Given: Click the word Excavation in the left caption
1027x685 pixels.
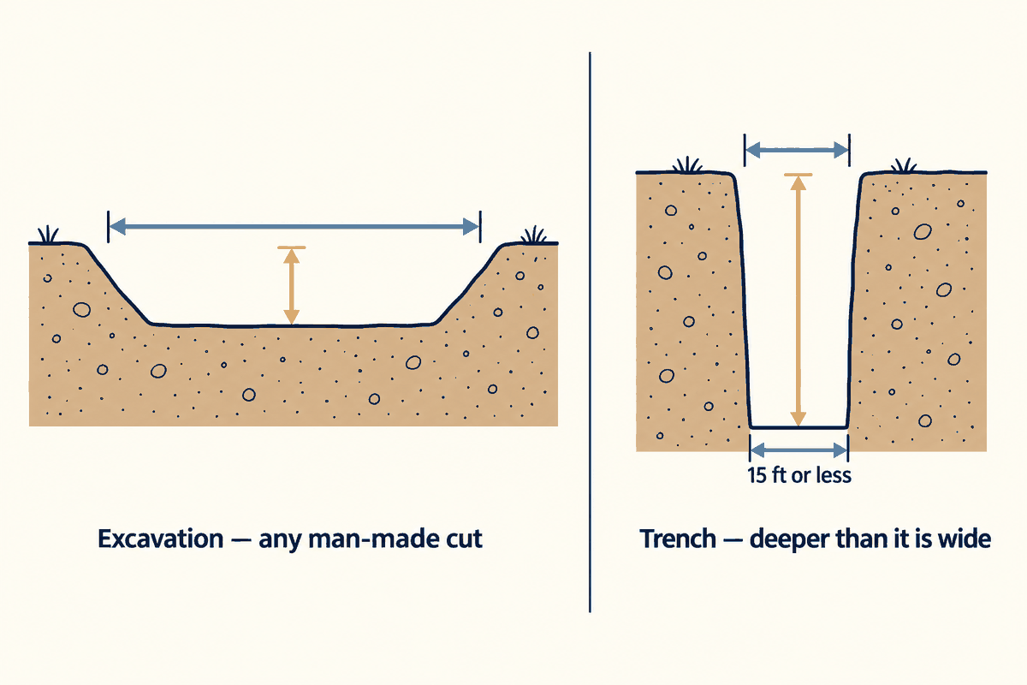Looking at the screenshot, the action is click(x=161, y=539).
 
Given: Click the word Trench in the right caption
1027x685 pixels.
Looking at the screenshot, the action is click(x=678, y=539).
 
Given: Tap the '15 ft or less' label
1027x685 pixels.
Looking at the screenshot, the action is click(x=799, y=475).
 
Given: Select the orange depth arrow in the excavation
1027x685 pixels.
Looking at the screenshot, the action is click(x=292, y=285).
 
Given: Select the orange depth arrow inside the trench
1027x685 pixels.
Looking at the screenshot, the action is click(x=798, y=300).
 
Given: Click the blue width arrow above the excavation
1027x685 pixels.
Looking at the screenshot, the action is click(x=294, y=227).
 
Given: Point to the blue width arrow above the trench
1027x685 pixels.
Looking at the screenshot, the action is click(x=798, y=150).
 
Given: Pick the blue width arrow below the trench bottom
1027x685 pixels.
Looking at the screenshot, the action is click(x=798, y=450).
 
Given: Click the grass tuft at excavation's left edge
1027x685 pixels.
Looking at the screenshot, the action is click(x=48, y=235).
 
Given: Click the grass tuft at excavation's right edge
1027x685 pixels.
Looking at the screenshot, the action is click(x=534, y=235).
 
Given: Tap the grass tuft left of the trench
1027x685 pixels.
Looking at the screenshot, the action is click(x=687, y=165).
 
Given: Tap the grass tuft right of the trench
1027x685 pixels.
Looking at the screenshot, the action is click(x=904, y=165).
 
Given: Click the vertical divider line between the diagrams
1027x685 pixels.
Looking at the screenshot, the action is click(x=590, y=332).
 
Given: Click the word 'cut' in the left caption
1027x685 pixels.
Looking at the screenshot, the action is click(x=464, y=539).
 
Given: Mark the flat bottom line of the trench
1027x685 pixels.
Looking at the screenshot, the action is click(x=798, y=427).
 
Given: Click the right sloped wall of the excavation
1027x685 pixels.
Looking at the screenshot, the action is click(x=467, y=284).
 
